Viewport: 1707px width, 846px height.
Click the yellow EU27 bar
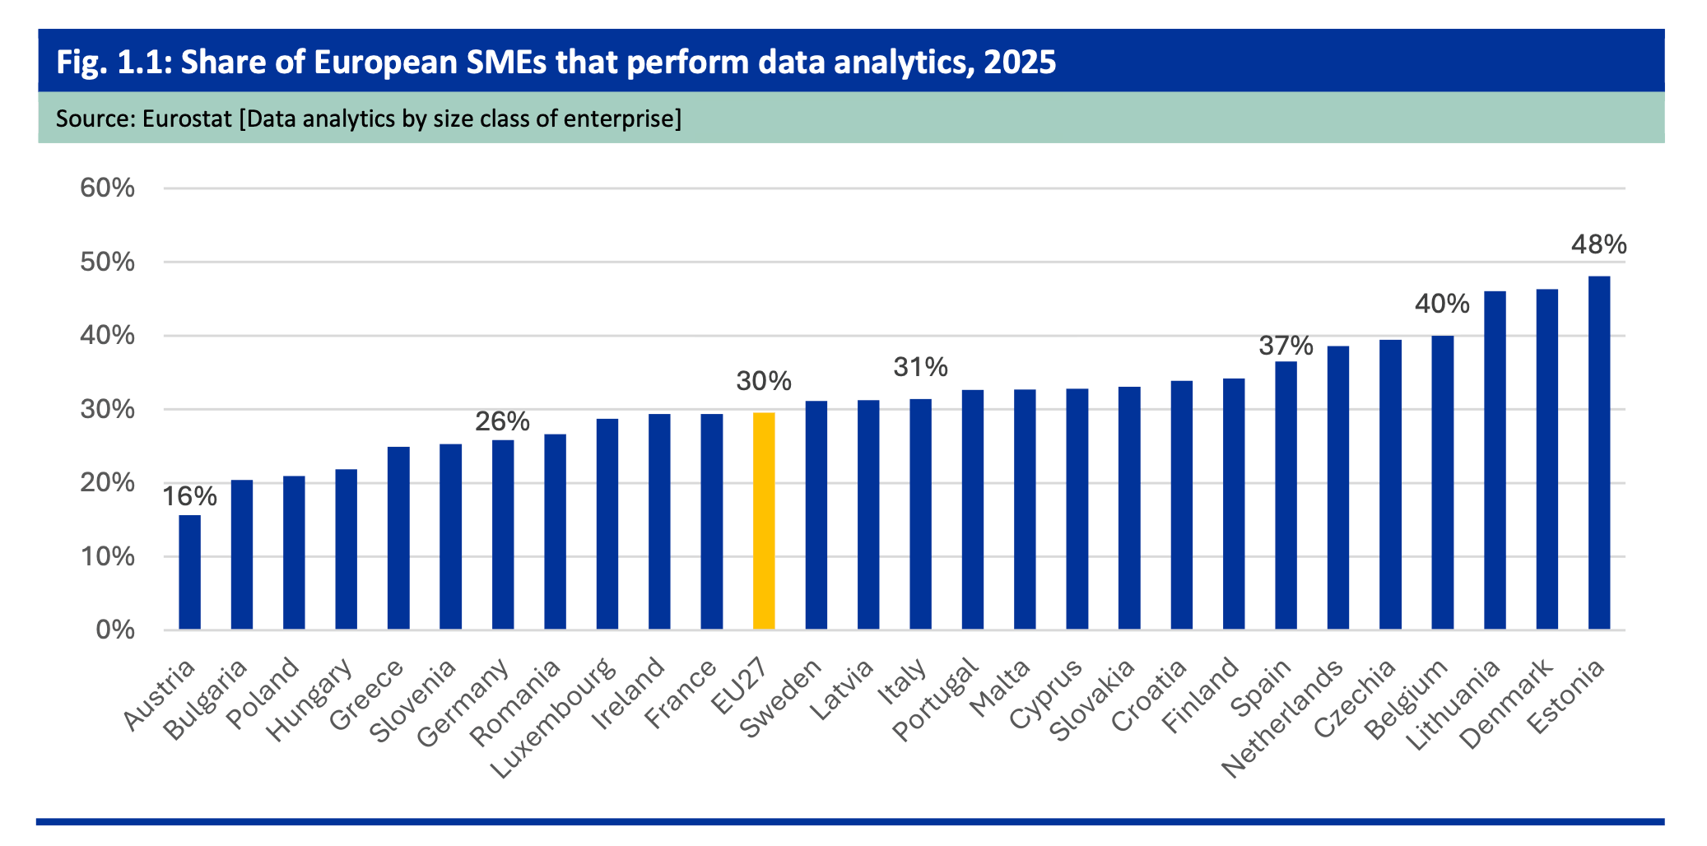(764, 521)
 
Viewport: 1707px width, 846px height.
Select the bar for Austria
(189, 572)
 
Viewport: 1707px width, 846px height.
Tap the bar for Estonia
(1599, 453)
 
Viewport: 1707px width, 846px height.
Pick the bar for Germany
(503, 535)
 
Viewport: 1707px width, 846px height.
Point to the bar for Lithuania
(1495, 460)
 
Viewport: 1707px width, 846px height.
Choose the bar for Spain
(1286, 495)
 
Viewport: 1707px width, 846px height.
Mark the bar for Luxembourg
(607, 524)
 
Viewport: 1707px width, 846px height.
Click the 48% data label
(1598, 244)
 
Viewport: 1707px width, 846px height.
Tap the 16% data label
(189, 496)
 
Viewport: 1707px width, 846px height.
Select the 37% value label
(1286, 346)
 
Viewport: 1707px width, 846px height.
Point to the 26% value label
(502, 421)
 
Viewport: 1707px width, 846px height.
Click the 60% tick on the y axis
(107, 188)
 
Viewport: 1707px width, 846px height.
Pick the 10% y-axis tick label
(107, 556)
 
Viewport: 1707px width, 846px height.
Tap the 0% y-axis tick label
(115, 630)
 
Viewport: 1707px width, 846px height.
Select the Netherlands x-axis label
(1282, 718)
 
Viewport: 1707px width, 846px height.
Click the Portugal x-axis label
(936, 700)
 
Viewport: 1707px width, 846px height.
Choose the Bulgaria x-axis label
(205, 700)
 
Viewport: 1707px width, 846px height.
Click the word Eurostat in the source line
(187, 119)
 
